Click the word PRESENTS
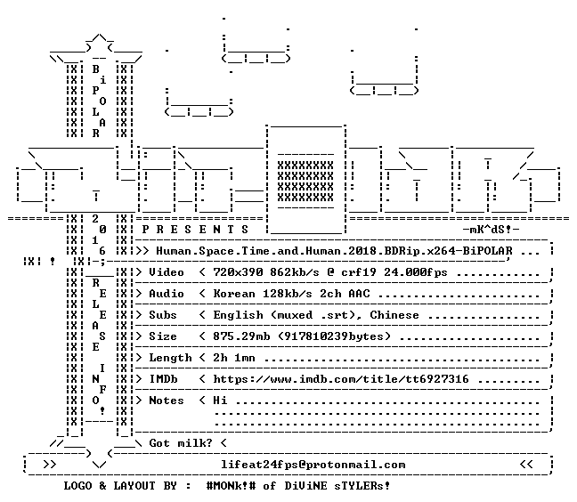(195, 230)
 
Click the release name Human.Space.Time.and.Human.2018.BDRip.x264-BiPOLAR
(334, 251)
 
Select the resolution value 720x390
(238, 272)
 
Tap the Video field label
(167, 272)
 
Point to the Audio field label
(167, 294)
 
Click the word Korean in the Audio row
(234, 294)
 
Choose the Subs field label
(163, 315)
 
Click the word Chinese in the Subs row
(394, 315)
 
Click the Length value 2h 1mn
(234, 358)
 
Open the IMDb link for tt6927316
(341, 379)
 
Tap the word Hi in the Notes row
(220, 401)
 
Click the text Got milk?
(181, 442)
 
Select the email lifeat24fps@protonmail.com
(313, 465)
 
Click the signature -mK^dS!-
(491, 230)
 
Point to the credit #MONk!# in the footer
(232, 486)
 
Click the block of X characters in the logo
(305, 182)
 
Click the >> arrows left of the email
(50, 465)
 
